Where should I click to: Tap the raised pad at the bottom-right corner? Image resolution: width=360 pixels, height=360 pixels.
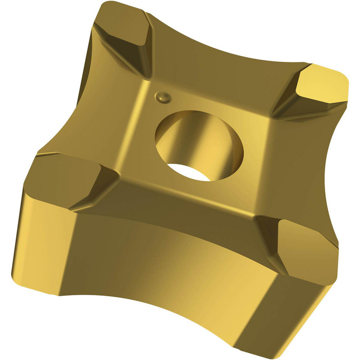(x=306, y=245)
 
